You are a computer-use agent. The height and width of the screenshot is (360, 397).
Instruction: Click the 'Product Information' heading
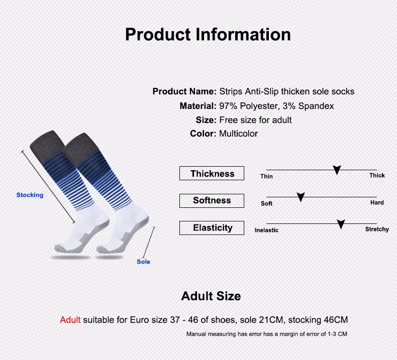coord(208,35)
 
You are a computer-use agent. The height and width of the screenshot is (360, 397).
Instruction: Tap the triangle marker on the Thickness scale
coord(337,170)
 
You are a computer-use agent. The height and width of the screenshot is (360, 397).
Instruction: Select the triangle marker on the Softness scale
coord(301,197)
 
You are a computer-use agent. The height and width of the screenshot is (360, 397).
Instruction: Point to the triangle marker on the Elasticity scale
coord(341,224)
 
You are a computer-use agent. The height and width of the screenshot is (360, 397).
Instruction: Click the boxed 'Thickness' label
coord(212,173)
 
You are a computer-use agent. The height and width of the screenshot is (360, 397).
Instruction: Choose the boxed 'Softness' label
coord(212,201)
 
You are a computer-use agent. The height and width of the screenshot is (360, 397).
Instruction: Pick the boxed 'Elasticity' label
coord(212,227)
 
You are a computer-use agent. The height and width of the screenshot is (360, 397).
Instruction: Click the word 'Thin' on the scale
coord(267,176)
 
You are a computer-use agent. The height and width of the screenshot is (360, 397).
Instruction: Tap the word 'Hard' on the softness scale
coord(377,202)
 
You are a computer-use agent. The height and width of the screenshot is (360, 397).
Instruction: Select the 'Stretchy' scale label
coord(377,229)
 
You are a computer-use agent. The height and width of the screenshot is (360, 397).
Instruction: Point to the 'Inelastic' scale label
coord(266,230)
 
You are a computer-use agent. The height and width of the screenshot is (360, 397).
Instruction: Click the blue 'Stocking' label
coord(30,195)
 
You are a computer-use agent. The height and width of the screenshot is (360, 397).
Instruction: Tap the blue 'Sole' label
coord(143,262)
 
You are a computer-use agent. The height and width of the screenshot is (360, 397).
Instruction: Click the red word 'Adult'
coord(70,320)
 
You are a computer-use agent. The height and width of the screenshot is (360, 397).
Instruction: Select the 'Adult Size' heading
coord(211,296)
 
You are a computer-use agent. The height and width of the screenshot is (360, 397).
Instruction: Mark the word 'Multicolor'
coord(238,134)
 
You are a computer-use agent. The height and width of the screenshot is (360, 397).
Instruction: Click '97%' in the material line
coord(228,106)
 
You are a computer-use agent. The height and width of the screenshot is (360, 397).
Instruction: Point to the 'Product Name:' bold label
coord(184,91)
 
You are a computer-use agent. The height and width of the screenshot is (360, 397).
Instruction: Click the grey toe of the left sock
coord(61,248)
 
